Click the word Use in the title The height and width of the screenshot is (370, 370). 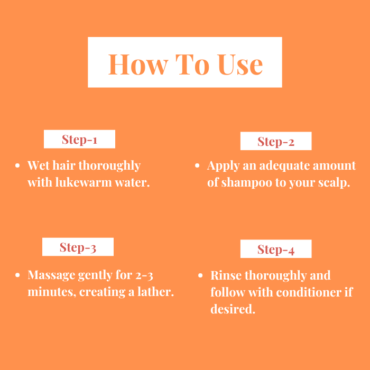click(240, 64)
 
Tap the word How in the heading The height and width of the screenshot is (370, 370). click(138, 64)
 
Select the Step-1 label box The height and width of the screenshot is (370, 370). click(79, 139)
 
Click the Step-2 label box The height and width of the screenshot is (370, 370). click(276, 141)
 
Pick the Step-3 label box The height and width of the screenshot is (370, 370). click(78, 247)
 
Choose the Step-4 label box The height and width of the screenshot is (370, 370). click(276, 249)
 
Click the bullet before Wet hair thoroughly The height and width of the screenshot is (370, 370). click(17, 165)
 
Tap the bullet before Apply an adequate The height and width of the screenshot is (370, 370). click(197, 165)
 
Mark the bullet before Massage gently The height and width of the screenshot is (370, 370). click(17, 275)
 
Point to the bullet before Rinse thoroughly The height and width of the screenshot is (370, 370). click(200, 275)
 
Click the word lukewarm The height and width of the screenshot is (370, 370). click(84, 182)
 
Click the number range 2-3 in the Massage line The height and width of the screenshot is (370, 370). click(144, 275)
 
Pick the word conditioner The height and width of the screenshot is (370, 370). click(309, 292)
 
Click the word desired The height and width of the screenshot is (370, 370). click(233, 309)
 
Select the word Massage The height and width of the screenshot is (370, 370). click(51, 275)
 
